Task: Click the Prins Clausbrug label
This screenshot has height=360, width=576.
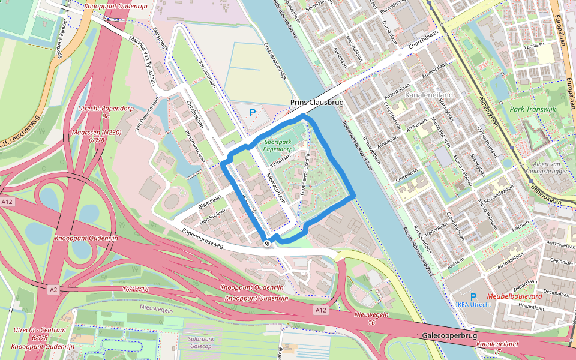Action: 316,103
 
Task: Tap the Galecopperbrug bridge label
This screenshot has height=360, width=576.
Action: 449,335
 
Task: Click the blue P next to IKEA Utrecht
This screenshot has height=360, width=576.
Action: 473,296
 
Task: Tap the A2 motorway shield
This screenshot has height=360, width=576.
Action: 53,289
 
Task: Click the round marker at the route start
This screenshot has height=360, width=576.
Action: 267,243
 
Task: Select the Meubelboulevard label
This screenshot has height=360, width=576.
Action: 514,296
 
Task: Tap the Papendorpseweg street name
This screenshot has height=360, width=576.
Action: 203,235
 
